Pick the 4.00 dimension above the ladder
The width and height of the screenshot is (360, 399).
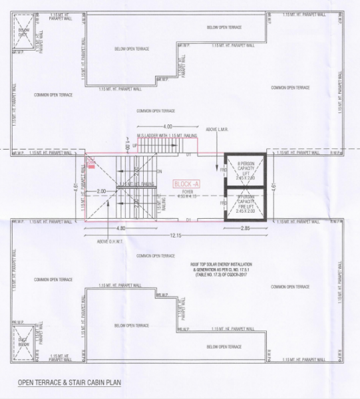(168, 126)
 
